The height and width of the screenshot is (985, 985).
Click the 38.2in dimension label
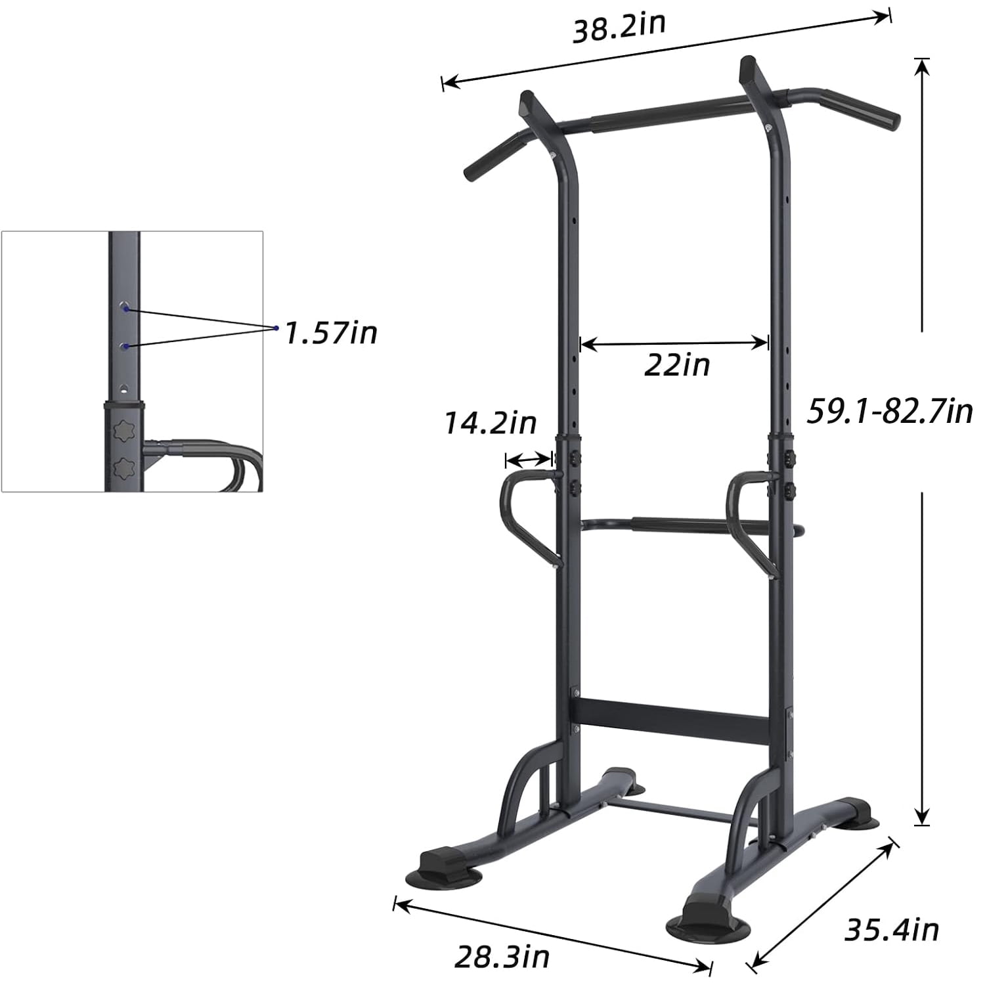(x=619, y=28)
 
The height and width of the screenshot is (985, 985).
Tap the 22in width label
(x=677, y=364)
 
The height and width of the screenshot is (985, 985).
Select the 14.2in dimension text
(x=491, y=423)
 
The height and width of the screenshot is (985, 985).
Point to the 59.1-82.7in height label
(x=890, y=412)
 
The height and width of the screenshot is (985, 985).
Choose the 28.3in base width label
(x=502, y=956)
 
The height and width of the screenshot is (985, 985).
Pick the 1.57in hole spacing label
(x=332, y=333)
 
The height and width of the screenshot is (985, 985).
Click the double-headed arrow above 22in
(x=674, y=343)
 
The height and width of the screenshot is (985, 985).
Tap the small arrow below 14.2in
(x=529, y=459)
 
